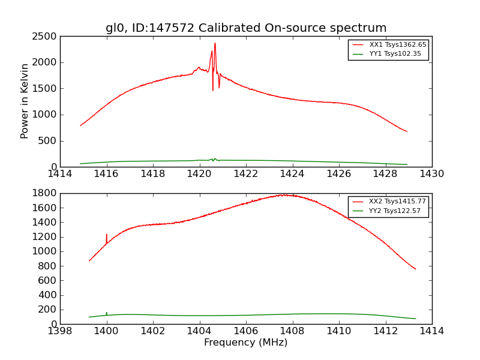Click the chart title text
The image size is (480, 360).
(x=246, y=28)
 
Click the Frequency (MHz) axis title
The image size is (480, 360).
(x=245, y=343)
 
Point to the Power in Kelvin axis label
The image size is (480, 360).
(x=25, y=101)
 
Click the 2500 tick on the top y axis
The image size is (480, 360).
(x=45, y=37)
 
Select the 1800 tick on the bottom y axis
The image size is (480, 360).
(x=45, y=193)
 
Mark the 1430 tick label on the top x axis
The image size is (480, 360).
(x=431, y=174)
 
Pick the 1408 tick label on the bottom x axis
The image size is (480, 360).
(x=292, y=331)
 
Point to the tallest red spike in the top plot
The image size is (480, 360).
(x=215, y=44)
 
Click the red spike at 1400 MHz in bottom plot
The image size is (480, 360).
(x=107, y=235)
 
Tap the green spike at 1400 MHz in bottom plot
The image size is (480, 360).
(x=107, y=313)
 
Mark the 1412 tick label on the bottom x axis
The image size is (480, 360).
(x=385, y=331)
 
